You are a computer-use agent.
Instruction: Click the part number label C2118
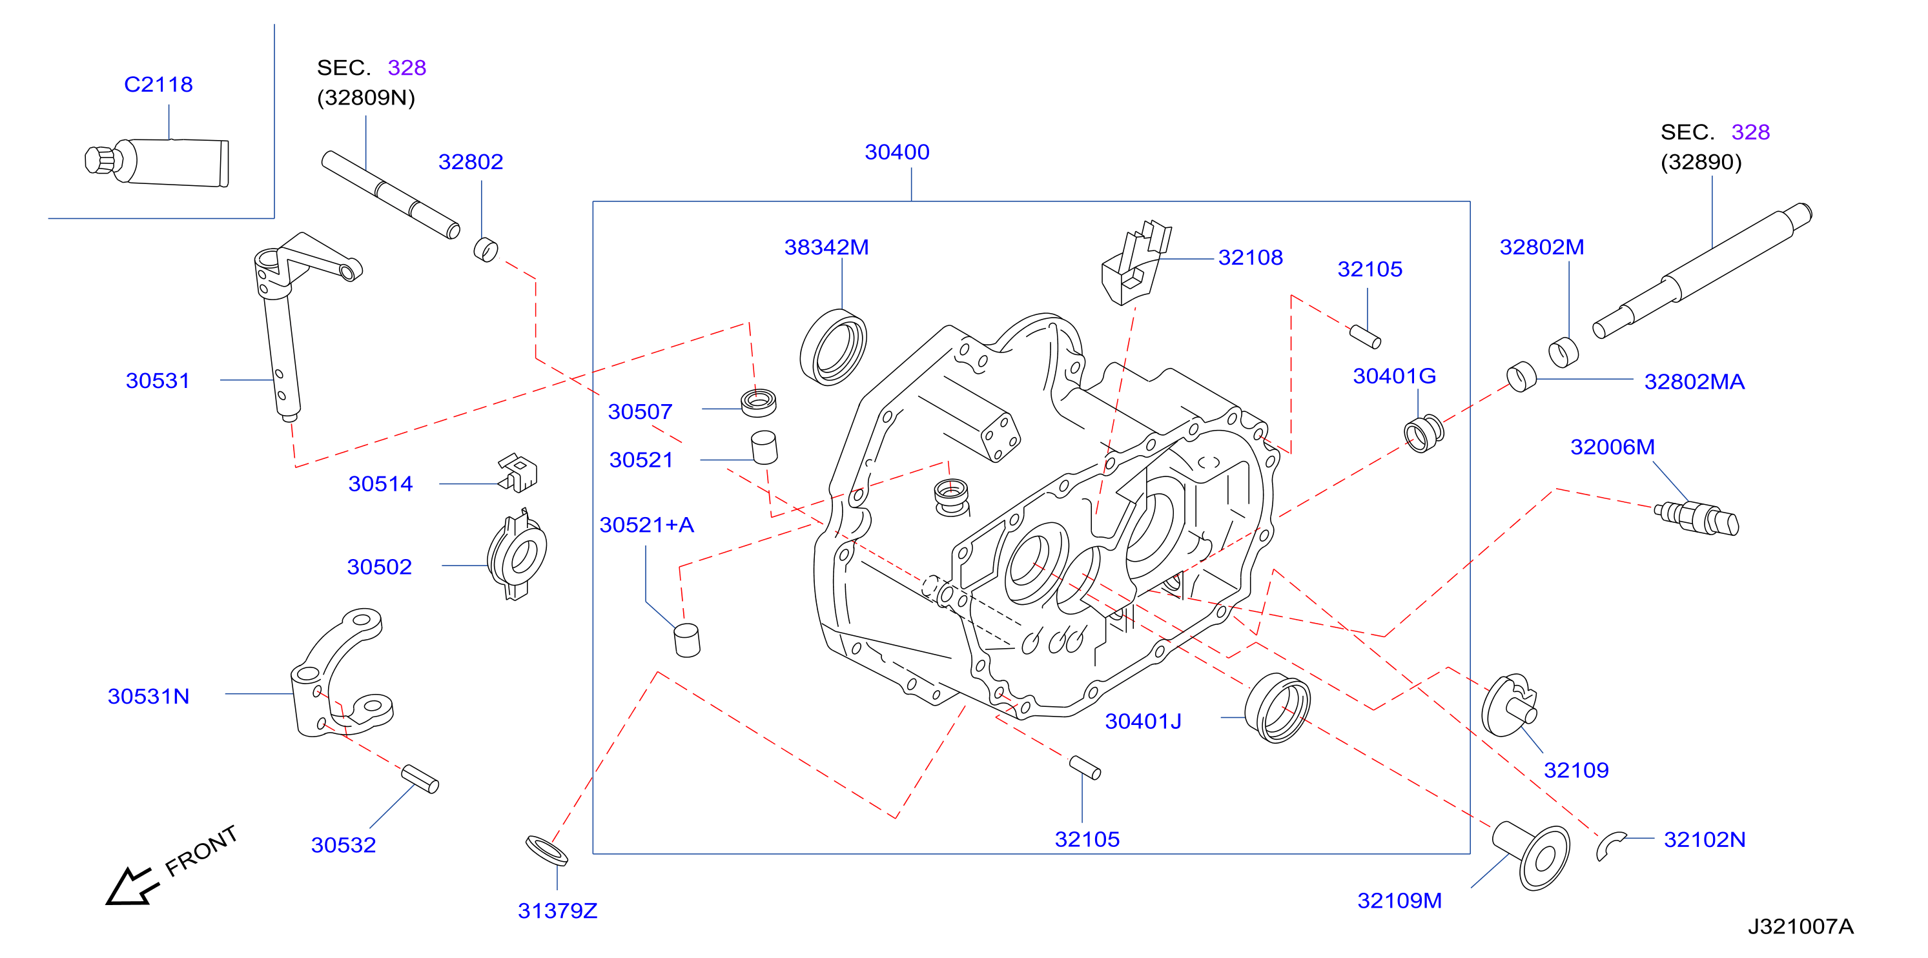click(158, 84)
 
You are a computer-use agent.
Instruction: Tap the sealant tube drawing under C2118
click(157, 161)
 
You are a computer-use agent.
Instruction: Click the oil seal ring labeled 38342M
click(833, 347)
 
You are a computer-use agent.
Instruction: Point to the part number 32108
click(1250, 258)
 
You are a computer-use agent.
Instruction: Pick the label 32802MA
click(1694, 382)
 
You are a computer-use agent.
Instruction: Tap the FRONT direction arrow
click(133, 886)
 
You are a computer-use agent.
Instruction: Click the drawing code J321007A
click(1800, 926)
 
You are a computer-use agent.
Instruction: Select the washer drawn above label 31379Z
click(546, 851)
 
